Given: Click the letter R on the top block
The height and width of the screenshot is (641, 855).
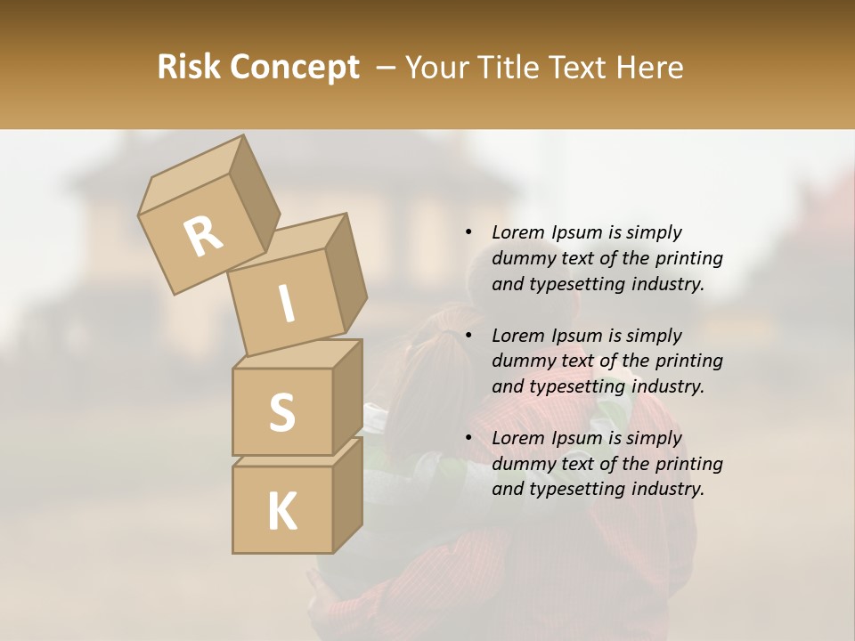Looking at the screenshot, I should pyautogui.click(x=203, y=236).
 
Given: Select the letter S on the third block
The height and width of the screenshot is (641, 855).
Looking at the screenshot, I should pyautogui.click(x=281, y=412).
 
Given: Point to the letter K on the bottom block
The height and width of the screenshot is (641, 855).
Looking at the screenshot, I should pyautogui.click(x=281, y=512).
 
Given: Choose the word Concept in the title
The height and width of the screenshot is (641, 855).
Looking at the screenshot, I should pyautogui.click(x=295, y=68).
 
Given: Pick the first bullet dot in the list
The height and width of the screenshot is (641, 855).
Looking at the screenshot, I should pyautogui.click(x=468, y=232).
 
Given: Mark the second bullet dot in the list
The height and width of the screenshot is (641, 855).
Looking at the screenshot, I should pyautogui.click(x=468, y=336).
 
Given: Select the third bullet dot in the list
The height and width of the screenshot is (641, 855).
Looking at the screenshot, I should pyautogui.click(x=468, y=438).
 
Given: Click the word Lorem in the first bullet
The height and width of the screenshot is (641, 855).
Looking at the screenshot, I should pyautogui.click(x=517, y=232).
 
